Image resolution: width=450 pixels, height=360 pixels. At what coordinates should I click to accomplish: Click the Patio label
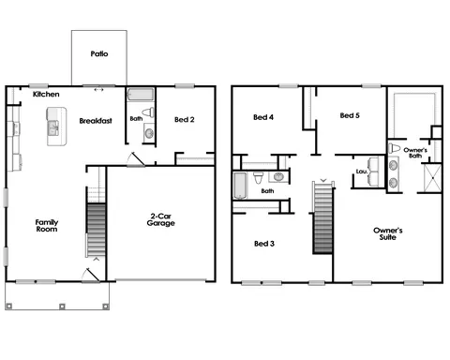point(99,53)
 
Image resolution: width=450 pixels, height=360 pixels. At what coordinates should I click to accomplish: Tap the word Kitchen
point(47,95)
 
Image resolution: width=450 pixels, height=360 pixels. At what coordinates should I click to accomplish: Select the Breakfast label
point(97,121)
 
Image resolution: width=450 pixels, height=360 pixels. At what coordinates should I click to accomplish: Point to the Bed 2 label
point(186,119)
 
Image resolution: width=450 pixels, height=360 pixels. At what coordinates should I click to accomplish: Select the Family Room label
point(47,228)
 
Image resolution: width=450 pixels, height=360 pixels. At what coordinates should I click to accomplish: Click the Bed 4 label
point(263,117)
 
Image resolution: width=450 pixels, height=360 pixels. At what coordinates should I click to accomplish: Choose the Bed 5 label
point(350,115)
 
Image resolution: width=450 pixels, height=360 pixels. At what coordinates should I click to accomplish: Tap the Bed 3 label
point(264,244)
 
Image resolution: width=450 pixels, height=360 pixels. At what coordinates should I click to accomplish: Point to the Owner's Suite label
point(388,234)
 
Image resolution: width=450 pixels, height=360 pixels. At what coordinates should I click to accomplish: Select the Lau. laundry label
point(362,172)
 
